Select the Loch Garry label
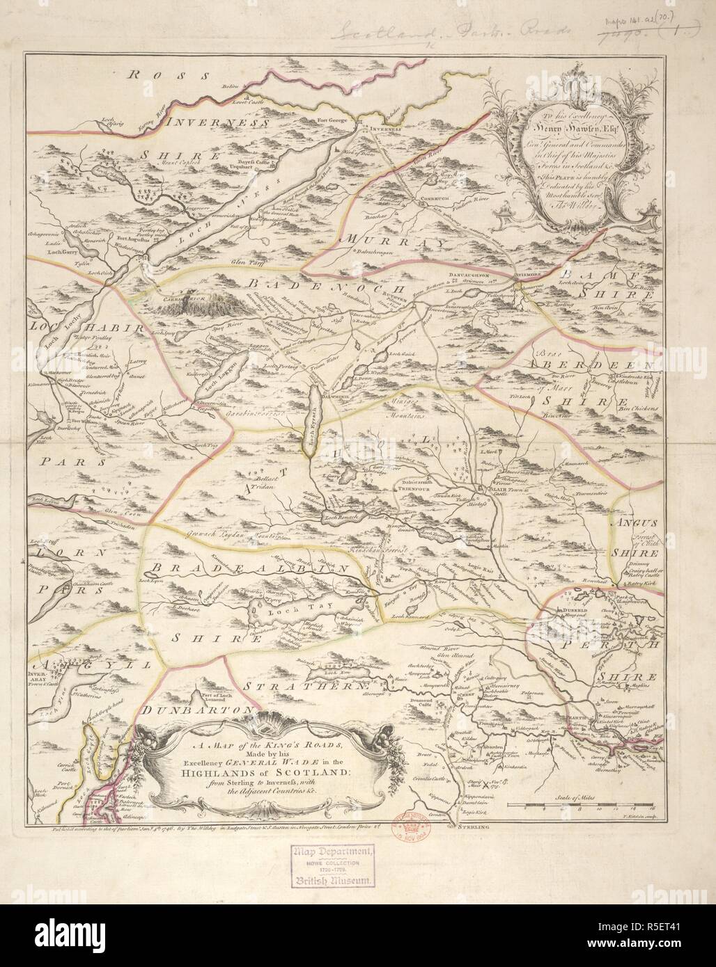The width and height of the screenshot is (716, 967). (63, 253)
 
